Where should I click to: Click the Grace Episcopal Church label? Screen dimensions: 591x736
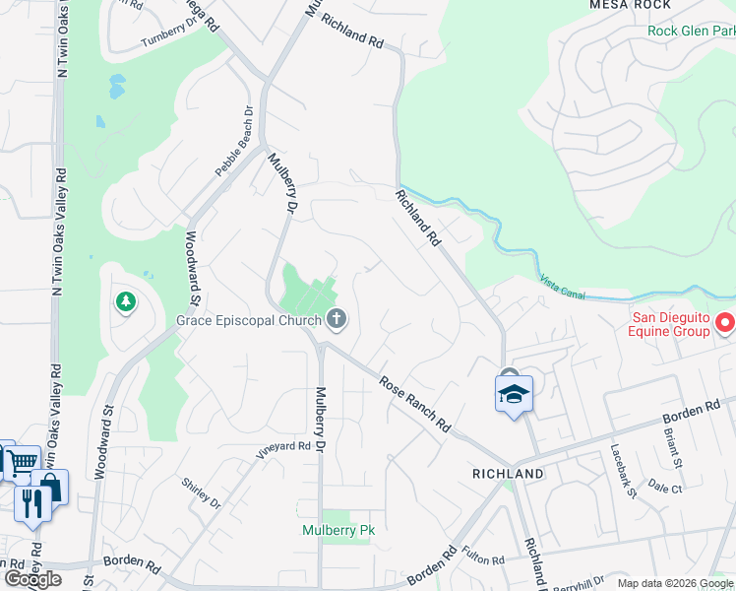(249, 320)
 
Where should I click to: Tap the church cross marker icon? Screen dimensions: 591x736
(337, 318)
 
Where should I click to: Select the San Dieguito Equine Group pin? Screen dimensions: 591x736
(725, 322)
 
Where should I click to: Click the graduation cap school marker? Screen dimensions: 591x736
(513, 394)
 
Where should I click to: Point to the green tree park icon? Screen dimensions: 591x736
(125, 301)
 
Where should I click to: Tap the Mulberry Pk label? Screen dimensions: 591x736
(337, 530)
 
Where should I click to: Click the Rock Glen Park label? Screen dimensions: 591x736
(691, 31)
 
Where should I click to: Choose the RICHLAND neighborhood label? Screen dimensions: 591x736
(508, 474)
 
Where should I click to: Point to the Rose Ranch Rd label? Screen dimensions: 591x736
(414, 406)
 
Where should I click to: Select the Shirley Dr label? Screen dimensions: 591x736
(202, 492)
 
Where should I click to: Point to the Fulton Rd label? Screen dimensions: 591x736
(483, 559)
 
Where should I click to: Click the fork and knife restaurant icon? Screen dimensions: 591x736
(32, 502)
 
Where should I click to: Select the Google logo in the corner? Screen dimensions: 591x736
(32, 579)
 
